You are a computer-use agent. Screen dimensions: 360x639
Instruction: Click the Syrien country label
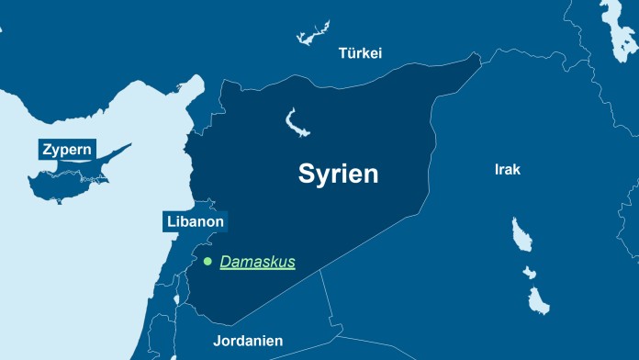[x=338, y=174]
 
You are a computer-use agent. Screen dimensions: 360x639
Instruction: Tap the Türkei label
[x=360, y=53]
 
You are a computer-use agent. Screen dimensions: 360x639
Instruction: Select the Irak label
[x=508, y=170]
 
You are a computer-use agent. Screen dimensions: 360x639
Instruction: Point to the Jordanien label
[x=248, y=341]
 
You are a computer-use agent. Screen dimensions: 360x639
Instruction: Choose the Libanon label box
[x=195, y=221]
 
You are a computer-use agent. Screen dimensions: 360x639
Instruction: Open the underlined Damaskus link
[x=257, y=262]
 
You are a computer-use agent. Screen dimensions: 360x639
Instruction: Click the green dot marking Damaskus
[x=207, y=262]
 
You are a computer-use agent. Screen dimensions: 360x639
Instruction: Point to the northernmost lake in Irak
[x=521, y=235]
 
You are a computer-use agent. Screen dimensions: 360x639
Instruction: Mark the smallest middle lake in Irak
[x=529, y=272]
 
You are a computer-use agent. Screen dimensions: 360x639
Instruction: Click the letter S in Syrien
[x=306, y=174]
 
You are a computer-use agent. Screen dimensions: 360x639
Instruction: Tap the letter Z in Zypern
[x=46, y=150]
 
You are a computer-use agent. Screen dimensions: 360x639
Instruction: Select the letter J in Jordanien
[x=217, y=341]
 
